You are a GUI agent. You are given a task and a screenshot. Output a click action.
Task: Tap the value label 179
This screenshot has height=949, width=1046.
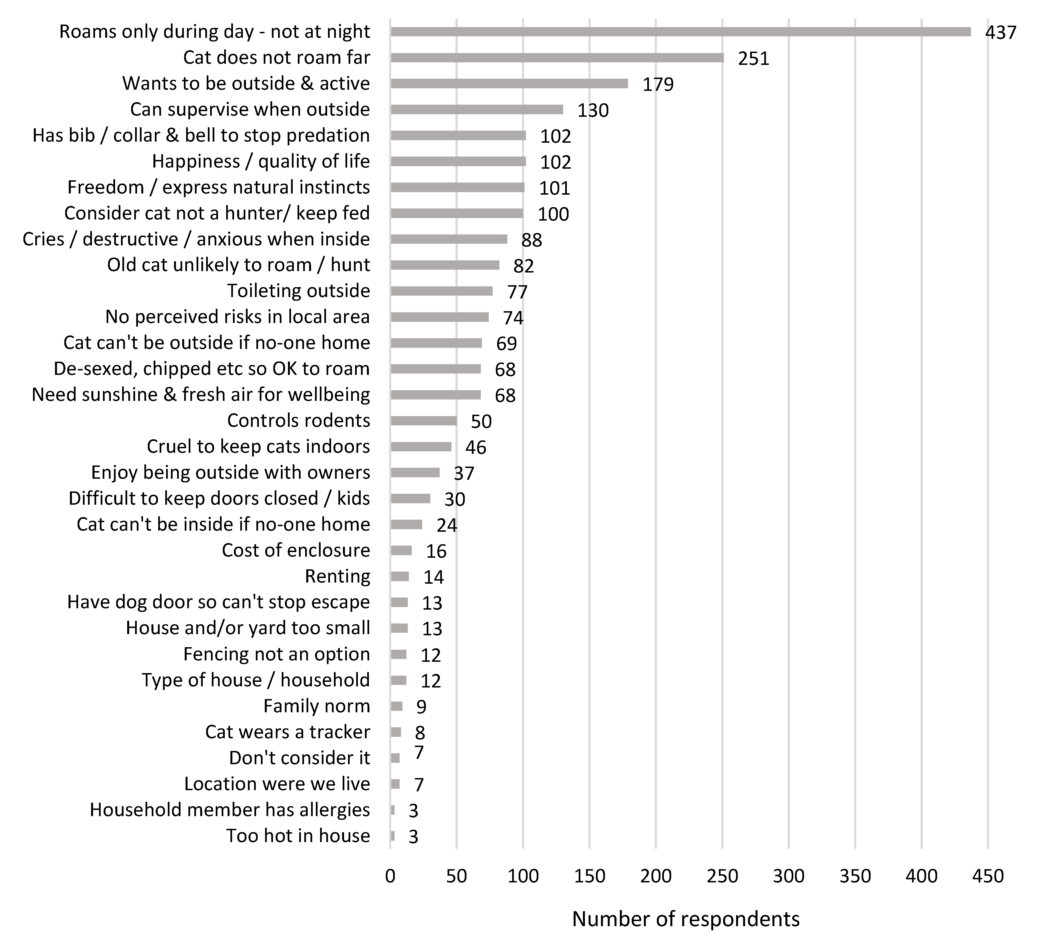(658, 84)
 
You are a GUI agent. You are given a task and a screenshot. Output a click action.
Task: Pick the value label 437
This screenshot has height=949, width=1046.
(1000, 32)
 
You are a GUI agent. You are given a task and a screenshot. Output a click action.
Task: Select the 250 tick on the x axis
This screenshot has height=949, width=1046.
(722, 876)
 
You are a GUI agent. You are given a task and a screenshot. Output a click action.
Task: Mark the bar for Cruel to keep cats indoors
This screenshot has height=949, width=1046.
(421, 447)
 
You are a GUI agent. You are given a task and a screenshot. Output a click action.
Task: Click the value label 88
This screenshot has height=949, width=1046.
(531, 240)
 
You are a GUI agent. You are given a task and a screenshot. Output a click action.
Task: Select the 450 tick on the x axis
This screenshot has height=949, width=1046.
(988, 876)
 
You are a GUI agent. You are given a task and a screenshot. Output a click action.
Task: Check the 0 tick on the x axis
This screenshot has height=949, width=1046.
(390, 876)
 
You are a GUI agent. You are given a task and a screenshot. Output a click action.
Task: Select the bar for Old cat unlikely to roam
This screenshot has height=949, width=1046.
(445, 265)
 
